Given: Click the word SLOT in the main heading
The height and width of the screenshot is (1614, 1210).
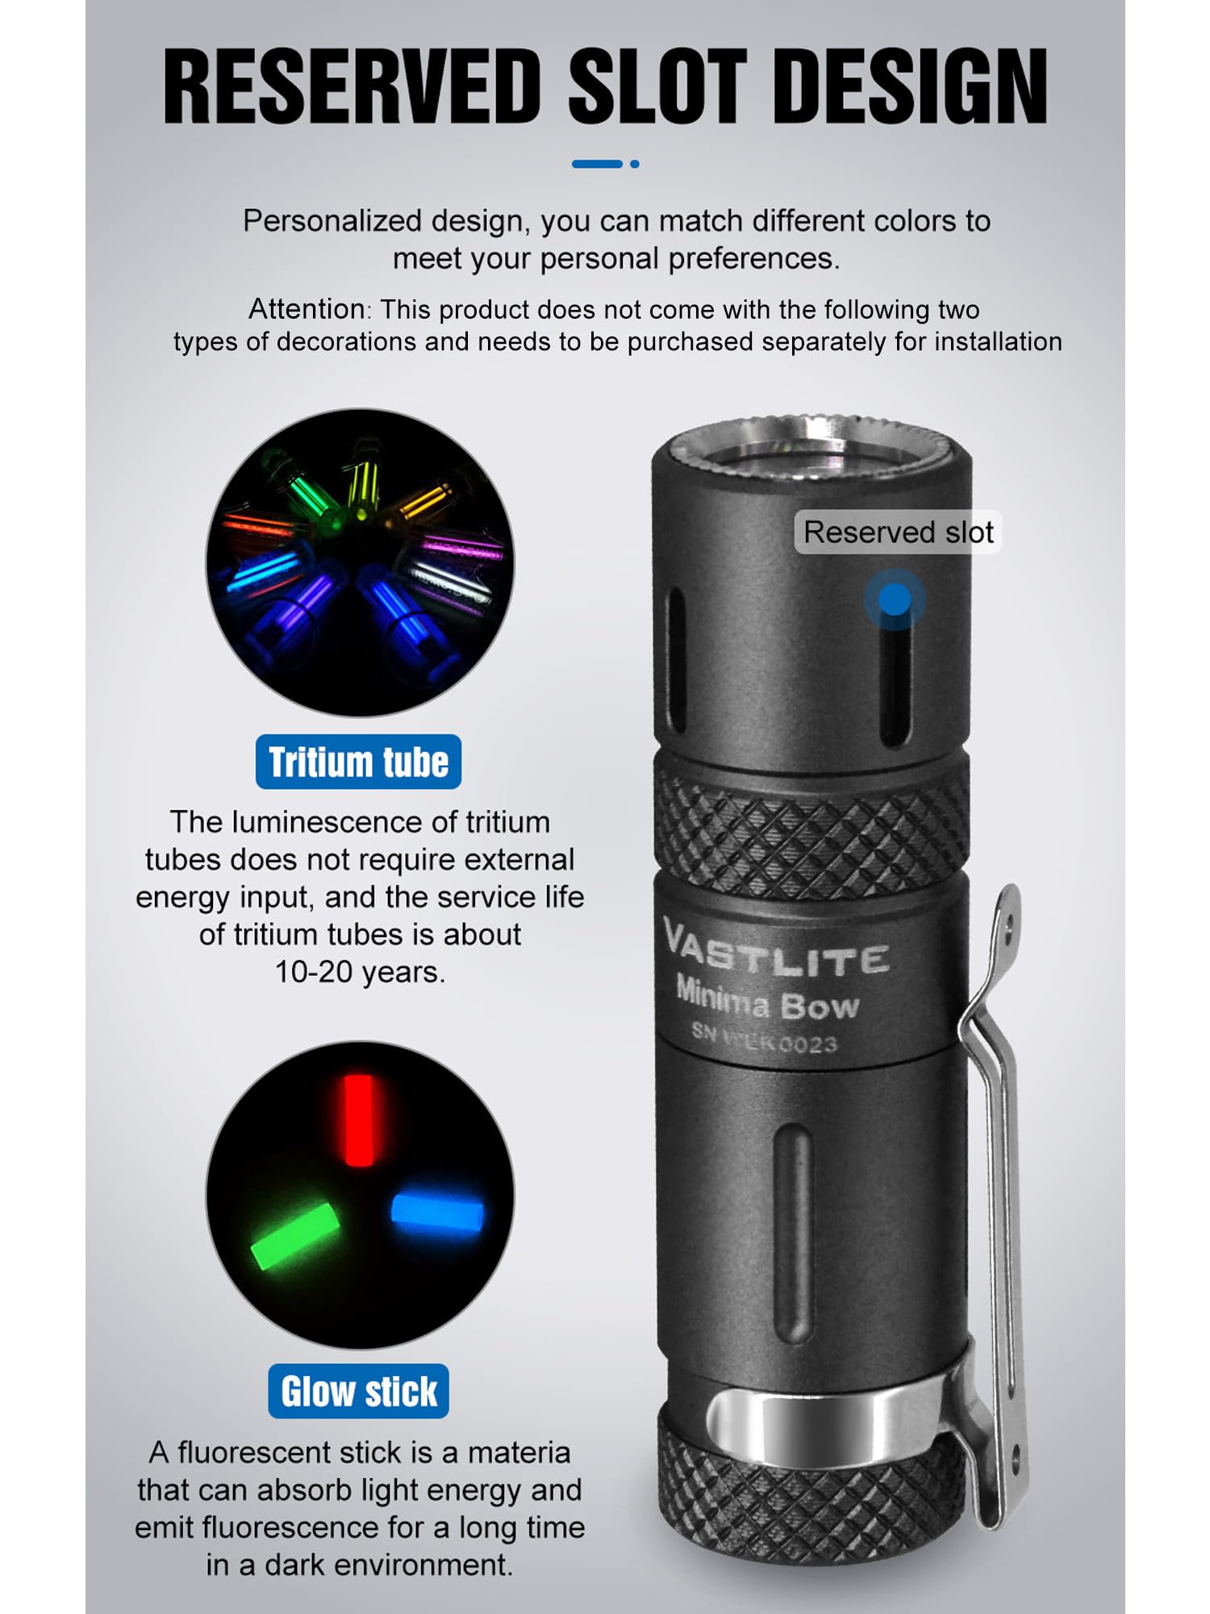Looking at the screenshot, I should tap(654, 86).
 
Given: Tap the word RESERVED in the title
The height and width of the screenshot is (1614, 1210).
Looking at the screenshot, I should tap(353, 86).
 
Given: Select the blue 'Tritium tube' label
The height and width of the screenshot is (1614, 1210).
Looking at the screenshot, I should tap(358, 762).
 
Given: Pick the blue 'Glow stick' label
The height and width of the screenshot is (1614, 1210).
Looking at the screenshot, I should tap(358, 1391).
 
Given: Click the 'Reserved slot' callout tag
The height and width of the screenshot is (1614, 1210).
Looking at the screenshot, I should tap(898, 533).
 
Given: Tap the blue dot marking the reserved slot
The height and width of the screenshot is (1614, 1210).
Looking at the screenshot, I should tap(894, 600).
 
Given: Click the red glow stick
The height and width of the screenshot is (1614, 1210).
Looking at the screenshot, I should tap(358, 1119).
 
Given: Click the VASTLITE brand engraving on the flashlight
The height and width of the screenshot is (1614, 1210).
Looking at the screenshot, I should tap(776, 951).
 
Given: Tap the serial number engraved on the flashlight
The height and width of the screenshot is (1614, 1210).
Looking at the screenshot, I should tap(765, 1038).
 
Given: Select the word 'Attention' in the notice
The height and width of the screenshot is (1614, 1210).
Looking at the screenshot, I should tap(307, 309).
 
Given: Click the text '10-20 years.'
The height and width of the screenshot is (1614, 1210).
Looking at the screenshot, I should tap(360, 972).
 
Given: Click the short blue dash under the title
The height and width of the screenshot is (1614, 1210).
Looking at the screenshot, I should tap(596, 164).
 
